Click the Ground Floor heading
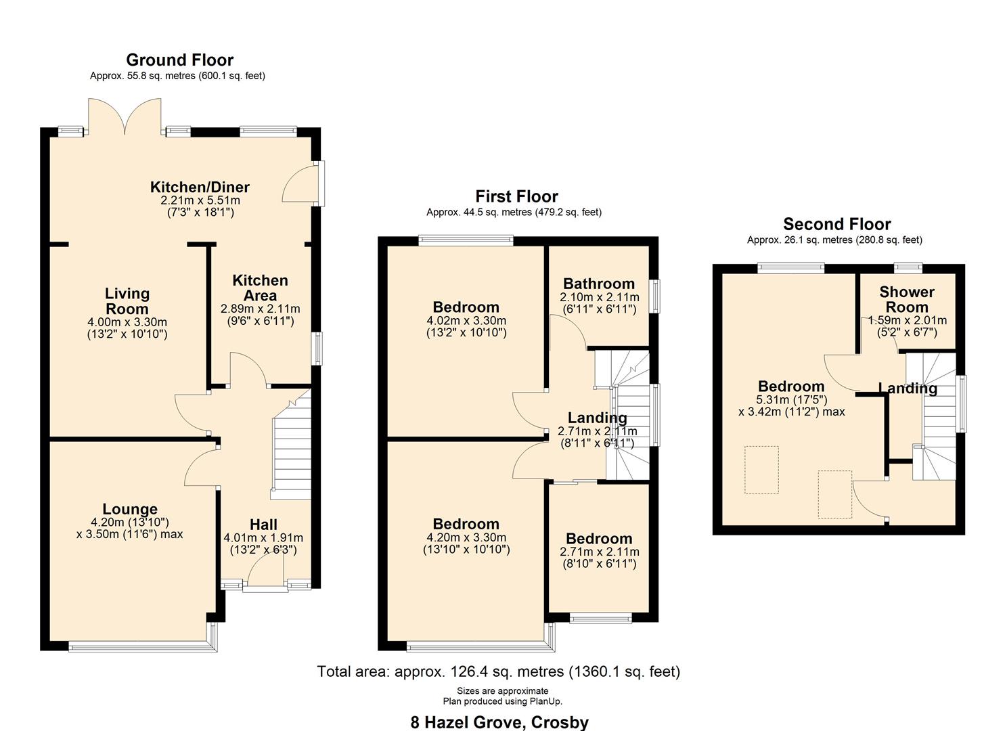click(179, 60)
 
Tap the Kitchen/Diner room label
click(200, 187)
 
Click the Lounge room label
click(130, 509)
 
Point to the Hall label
click(263, 525)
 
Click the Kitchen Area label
click(260, 288)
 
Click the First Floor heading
click(516, 197)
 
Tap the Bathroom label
click(599, 284)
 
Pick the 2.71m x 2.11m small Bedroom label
click(599, 539)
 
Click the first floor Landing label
click(597, 418)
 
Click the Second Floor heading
click(836, 224)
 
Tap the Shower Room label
click(907, 299)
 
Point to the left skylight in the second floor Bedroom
click(761, 470)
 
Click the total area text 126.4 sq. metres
click(498, 671)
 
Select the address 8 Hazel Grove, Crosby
click(499, 722)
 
